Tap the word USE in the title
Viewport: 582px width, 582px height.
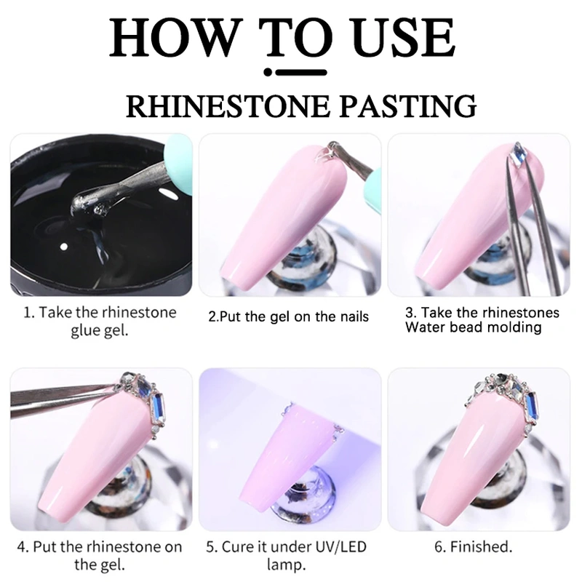pyautogui.click(x=404, y=38)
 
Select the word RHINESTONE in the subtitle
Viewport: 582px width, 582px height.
pyautogui.click(x=228, y=106)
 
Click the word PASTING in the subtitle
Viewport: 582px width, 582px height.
pyautogui.click(x=407, y=106)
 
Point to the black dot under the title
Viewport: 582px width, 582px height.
pyautogui.click(x=268, y=72)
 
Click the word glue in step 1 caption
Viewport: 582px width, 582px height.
pyautogui.click(x=85, y=330)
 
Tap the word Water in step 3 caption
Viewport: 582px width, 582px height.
pyautogui.click(x=424, y=327)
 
